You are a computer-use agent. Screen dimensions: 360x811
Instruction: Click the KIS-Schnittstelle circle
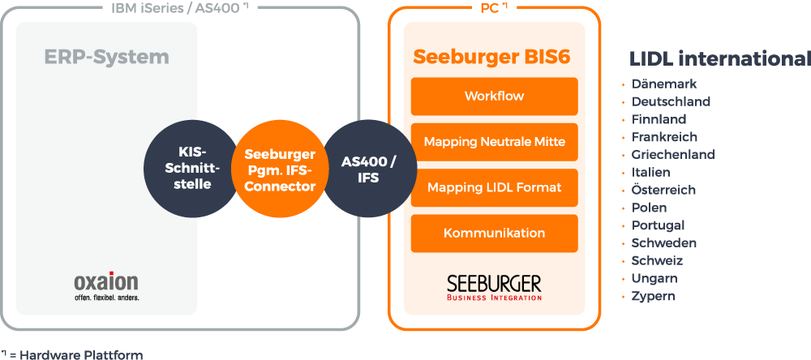click(x=187, y=169)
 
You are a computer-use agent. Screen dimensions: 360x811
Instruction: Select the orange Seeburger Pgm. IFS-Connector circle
click(x=279, y=169)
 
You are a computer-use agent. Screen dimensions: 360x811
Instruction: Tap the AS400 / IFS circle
click(x=368, y=169)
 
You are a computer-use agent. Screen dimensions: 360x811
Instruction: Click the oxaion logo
click(x=106, y=285)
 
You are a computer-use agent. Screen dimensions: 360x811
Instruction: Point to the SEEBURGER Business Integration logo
click(x=494, y=287)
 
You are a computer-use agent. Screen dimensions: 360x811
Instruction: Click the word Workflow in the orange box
click(x=494, y=96)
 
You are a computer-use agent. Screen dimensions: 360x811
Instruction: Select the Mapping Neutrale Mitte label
click(x=494, y=142)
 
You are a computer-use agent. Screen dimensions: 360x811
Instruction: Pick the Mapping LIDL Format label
click(x=494, y=187)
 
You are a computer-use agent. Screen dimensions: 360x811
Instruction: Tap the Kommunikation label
click(x=494, y=234)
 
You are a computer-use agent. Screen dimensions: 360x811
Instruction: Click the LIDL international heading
click(x=719, y=59)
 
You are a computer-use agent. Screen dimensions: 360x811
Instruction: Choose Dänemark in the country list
click(x=664, y=84)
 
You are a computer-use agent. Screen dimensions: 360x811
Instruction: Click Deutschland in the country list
click(x=671, y=101)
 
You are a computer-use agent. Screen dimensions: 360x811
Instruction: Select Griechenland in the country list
click(x=673, y=154)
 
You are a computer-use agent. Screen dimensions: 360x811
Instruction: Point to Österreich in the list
click(x=663, y=190)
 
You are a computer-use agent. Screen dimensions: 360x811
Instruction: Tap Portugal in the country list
click(x=658, y=225)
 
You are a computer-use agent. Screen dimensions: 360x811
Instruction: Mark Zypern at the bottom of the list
click(x=653, y=296)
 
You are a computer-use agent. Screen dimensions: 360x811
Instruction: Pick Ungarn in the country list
click(x=654, y=278)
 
